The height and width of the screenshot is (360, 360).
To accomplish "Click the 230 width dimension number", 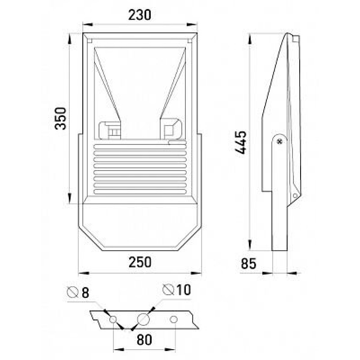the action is (139, 15).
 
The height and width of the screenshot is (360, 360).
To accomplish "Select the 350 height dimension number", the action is (61, 118).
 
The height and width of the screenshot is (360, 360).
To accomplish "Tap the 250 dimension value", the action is (140, 262).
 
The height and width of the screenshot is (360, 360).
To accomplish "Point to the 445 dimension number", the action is (241, 142).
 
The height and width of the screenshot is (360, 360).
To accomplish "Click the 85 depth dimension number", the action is (248, 264).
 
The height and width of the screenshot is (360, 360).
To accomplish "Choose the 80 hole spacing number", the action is (144, 340).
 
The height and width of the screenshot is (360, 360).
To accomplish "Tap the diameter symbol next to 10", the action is (168, 289).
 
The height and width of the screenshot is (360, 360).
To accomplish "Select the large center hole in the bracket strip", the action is (143, 319).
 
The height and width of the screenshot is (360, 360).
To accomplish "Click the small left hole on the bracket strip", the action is (113, 319).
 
